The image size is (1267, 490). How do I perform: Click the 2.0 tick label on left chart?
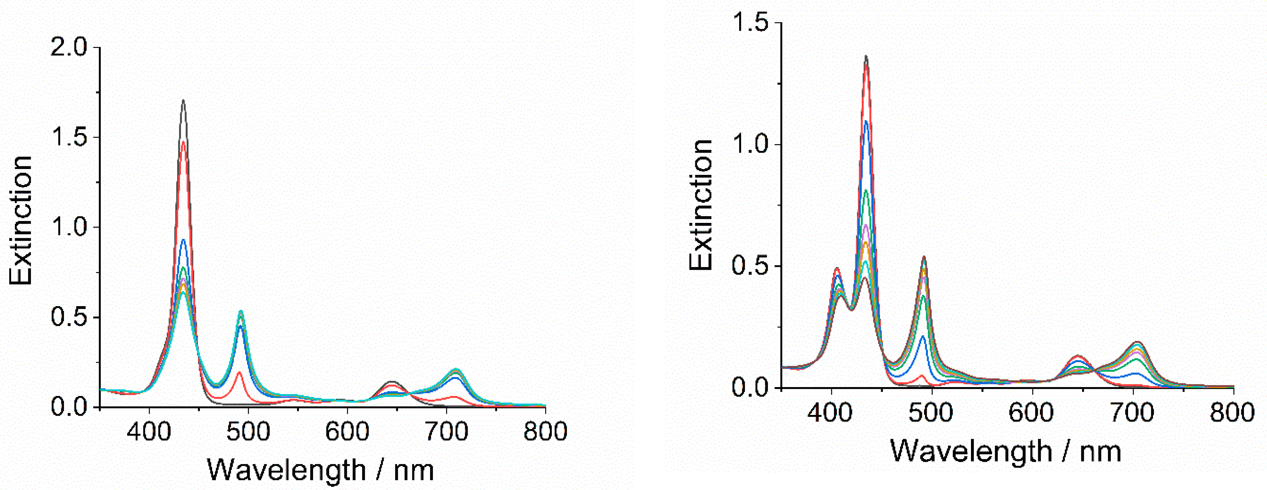(x=74, y=47)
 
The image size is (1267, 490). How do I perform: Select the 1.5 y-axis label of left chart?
(x=74, y=137)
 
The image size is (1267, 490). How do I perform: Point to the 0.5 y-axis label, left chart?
(x=74, y=317)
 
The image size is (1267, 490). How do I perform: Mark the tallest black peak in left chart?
(x=183, y=101)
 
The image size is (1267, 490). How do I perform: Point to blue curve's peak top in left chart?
(x=183, y=240)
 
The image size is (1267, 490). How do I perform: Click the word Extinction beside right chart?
(x=701, y=204)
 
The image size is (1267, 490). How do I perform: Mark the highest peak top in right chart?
(x=866, y=56)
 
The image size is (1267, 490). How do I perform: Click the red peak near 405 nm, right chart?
(x=836, y=269)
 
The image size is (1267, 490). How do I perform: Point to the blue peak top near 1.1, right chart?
(x=866, y=121)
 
